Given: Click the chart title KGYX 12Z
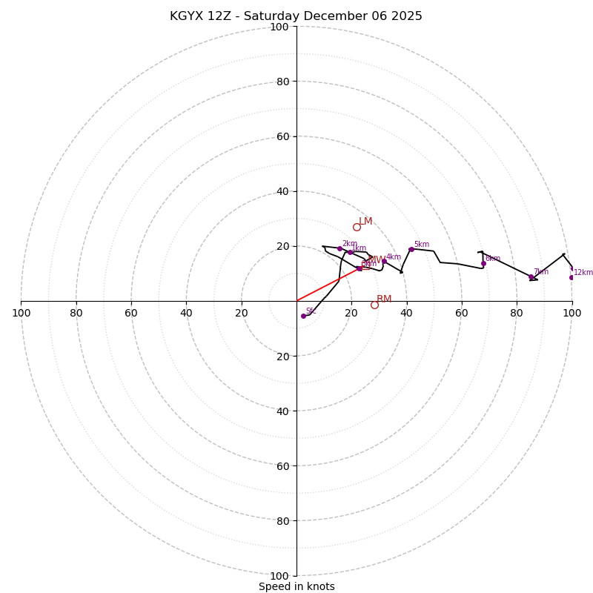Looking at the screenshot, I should coord(296,16).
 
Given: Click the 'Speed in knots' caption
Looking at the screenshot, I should coord(296,586).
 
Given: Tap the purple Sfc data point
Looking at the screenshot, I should coord(303,316).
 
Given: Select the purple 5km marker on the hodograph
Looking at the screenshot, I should coord(411,249).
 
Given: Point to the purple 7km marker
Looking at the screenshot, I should coord(531,276).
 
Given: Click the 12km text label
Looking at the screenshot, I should coord(583,272).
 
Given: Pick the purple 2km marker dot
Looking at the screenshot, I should coord(339,248).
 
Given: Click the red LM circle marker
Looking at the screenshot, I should coord(357,227).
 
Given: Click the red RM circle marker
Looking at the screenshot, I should coord(374,305).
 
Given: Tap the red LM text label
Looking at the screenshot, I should coord(365,221).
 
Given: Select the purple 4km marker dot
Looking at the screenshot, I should coord(384,262).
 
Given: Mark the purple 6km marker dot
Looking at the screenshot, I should coord(483,263).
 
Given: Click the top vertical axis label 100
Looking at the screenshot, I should coord(279,27).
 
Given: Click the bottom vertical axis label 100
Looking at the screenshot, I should coord(279,575).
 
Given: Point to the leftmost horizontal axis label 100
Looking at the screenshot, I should coord(21,313).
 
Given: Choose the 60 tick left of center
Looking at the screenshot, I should coord(131,313).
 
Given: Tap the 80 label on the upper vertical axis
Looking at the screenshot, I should coord(282,82).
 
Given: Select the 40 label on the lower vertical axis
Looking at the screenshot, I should coord(282,411).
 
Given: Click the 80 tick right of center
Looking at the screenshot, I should coord(517,313).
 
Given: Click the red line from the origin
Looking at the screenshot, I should coord(326,285).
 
